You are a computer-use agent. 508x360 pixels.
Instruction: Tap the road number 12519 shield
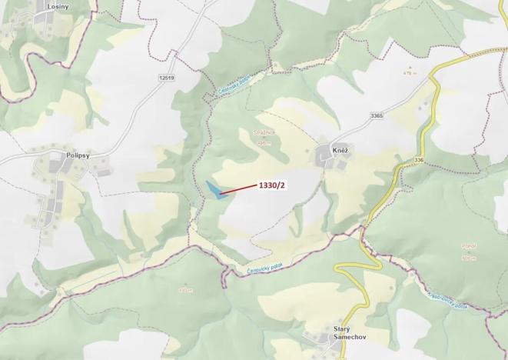coord(167,78)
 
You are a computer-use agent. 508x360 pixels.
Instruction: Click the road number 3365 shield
coord(376,115)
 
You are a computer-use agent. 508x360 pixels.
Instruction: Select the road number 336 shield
coord(418,159)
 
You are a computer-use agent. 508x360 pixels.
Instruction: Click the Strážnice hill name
coord(264,133)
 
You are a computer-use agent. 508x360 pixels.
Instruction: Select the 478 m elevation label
coord(409,73)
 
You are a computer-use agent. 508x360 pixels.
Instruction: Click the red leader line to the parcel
coord(238,188)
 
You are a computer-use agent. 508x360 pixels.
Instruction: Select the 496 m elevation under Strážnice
coord(264,142)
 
